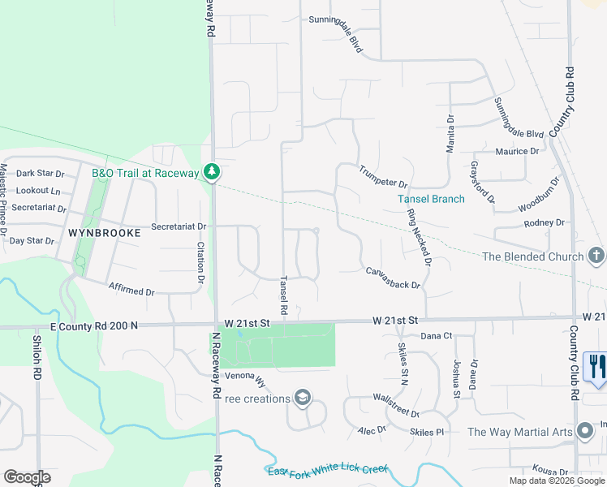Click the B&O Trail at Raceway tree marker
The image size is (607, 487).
[211, 172]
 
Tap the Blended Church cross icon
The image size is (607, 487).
[596, 256]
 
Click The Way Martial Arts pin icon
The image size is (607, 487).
[586, 432]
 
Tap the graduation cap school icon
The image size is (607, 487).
[303, 398]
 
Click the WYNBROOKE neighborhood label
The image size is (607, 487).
[105, 232]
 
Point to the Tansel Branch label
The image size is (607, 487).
[431, 199]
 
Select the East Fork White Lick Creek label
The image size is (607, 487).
[328, 470]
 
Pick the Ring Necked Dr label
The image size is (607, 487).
[419, 237]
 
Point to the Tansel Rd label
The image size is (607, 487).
[283, 294]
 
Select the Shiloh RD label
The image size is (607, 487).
[37, 358]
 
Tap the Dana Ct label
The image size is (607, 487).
[436, 335]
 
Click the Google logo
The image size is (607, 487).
[27, 477]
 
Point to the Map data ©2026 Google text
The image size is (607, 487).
[556, 481]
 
